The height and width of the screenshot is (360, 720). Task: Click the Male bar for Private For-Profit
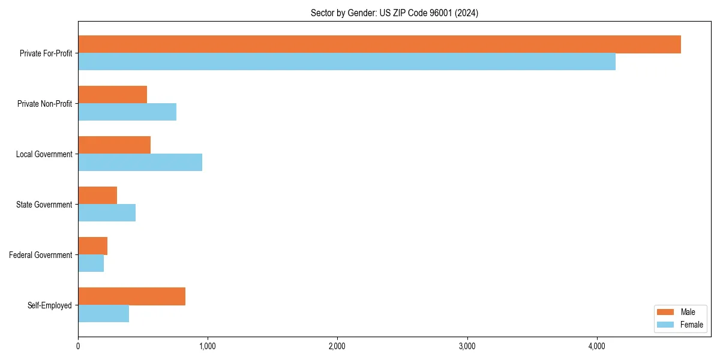379,44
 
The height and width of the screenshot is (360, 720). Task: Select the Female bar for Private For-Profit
347,62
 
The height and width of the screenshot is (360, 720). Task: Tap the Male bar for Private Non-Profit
113,95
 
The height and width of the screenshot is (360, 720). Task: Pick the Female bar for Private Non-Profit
127,112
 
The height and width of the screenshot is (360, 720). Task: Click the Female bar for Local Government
140,163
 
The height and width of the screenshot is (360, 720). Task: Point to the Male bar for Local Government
115,145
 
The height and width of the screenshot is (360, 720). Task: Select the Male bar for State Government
98,196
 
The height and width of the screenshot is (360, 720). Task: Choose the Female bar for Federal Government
91,263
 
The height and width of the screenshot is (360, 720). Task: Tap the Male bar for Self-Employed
132,296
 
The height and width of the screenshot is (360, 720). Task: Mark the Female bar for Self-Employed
104,314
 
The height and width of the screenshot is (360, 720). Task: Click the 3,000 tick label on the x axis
467,346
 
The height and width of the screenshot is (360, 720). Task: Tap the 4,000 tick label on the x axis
596,346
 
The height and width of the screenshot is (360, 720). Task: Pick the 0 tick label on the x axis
78,346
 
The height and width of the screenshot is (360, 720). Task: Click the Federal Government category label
41,255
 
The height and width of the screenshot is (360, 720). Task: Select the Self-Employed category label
50,305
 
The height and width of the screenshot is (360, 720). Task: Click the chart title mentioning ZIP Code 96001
394,13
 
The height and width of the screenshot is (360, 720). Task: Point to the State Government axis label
44,205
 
